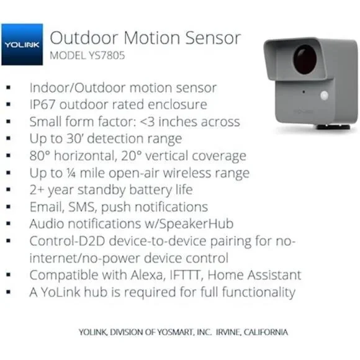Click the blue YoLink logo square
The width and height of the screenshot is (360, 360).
(x=22, y=45)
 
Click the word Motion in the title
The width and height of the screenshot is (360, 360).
(x=151, y=38)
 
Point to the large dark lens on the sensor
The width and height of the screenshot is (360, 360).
(x=305, y=60)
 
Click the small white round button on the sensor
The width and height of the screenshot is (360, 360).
(x=325, y=96)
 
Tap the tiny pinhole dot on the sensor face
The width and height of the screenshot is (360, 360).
(x=304, y=92)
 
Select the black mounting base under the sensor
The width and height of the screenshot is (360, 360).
(x=333, y=127)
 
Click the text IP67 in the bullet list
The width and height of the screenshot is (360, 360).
(x=42, y=105)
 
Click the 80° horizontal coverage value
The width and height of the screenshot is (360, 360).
(x=40, y=156)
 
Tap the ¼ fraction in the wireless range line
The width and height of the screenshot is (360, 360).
(x=71, y=173)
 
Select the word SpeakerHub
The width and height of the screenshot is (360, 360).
(x=196, y=224)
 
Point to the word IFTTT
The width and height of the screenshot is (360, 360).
(x=186, y=275)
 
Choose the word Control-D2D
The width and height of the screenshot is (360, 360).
(x=67, y=241)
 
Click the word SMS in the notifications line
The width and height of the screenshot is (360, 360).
(x=82, y=207)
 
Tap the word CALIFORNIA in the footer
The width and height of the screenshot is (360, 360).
(x=266, y=332)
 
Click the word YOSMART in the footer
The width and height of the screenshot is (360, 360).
(x=174, y=332)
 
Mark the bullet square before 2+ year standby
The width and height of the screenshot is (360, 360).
(x=9, y=190)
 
